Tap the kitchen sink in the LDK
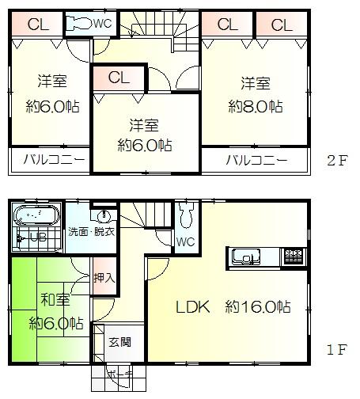247,256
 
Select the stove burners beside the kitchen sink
292,256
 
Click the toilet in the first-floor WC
186,215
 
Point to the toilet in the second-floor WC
78,23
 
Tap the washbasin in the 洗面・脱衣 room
103,215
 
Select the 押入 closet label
104,278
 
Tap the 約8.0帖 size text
255,106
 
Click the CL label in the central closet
119,78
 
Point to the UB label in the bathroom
37,236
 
